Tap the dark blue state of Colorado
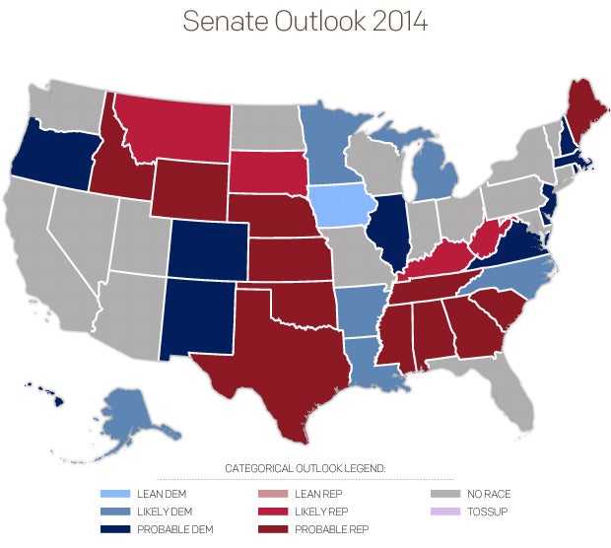click(x=208, y=247)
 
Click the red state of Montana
click(x=173, y=129)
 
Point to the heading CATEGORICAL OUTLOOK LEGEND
click(x=305, y=467)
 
